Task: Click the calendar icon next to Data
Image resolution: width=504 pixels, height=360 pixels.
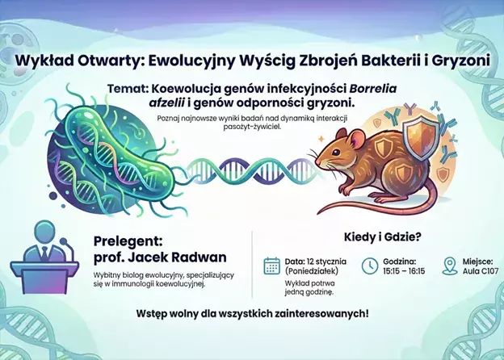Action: (271, 266)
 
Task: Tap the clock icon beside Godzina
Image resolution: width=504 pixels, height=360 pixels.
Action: (369, 266)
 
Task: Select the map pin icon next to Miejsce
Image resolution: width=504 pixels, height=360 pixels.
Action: (450, 266)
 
